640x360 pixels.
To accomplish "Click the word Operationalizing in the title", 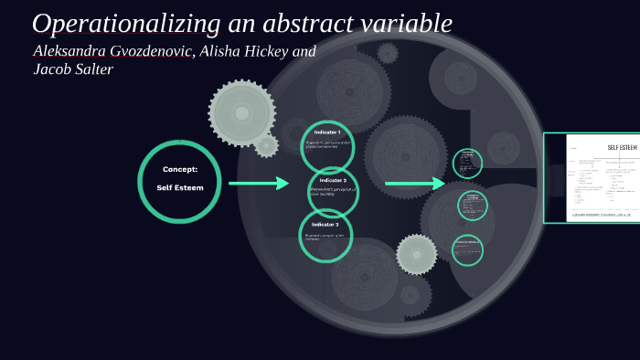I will pos(126,24).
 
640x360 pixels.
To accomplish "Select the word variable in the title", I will pos(408,24).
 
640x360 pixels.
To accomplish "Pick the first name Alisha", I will pos(225,51).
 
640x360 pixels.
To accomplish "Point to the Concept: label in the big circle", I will pos(180,169).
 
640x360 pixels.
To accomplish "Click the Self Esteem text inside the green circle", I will pos(180,187).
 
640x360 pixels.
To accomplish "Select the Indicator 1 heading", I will pos(326,132).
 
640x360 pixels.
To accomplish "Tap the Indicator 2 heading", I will pos(332,180).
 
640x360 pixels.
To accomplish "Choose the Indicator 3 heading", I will pos(325,224).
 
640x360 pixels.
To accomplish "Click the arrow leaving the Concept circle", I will pos(258,184).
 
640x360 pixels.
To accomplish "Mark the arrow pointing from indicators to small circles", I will pos(414,184).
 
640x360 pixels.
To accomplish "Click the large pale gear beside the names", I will pos(241,113).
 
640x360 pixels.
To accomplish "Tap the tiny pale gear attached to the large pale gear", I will pos(267,145).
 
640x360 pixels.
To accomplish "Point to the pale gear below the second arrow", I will pos(417,254).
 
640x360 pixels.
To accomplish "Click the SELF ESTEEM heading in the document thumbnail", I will pos(622,147).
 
